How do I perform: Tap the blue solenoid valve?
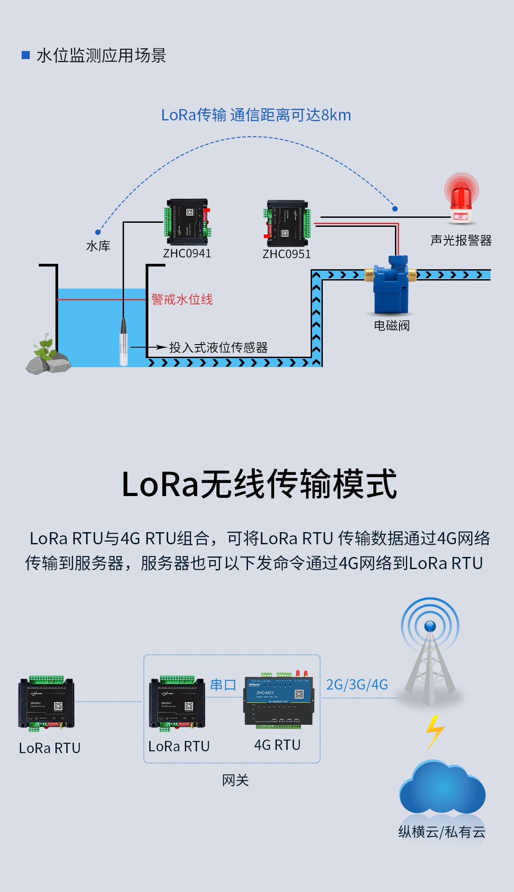pyautogui.click(x=391, y=284)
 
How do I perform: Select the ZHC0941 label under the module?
pyautogui.click(x=187, y=253)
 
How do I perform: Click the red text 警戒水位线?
pyautogui.click(x=182, y=299)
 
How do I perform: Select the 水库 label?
pyautogui.click(x=98, y=246)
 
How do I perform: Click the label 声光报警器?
pyautogui.click(x=461, y=240)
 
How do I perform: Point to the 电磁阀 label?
pyautogui.click(x=392, y=326)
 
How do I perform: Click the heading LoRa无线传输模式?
pyautogui.click(x=259, y=484)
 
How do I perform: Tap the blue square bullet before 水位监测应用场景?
pyautogui.click(x=26, y=55)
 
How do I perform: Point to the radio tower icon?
pyautogui.click(x=430, y=654)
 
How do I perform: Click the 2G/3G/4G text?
pyautogui.click(x=357, y=685)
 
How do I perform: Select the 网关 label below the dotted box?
pyautogui.click(x=235, y=780)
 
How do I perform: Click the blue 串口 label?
pyautogui.click(x=223, y=685)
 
